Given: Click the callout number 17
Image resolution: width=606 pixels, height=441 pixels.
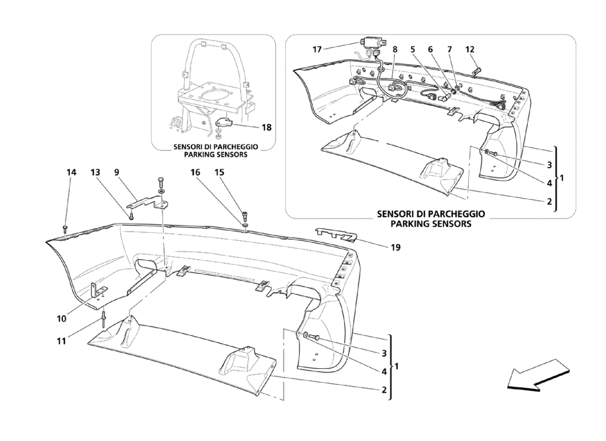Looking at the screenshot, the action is pos(317,50).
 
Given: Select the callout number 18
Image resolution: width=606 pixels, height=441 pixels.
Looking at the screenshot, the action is pos(267,127).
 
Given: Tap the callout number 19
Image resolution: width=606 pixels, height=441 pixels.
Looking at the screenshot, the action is pos(396,247).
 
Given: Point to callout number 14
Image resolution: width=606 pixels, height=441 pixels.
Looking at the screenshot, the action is pos(71,173).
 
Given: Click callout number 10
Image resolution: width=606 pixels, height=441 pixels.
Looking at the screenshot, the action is pos(62,319).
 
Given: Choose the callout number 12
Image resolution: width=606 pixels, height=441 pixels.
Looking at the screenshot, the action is pos(469,50).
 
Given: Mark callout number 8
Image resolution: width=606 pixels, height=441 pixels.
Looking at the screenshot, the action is pos(395,50).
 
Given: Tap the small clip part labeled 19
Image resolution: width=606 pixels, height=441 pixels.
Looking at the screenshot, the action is pos(336,234).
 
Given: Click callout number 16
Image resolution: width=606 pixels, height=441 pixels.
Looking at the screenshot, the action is pos(196,173).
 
